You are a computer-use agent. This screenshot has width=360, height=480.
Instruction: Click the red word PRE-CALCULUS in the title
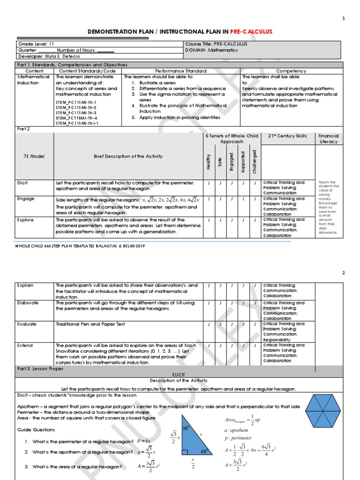point(251,31)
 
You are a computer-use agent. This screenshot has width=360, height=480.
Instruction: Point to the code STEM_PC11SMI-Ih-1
point(75,101)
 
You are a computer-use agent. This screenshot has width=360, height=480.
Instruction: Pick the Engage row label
point(25,199)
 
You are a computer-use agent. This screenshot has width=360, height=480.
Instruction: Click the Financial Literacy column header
point(328,139)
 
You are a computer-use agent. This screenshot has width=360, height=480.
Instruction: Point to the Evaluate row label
point(27,324)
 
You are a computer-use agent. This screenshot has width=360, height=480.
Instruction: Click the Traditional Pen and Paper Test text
point(90,324)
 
